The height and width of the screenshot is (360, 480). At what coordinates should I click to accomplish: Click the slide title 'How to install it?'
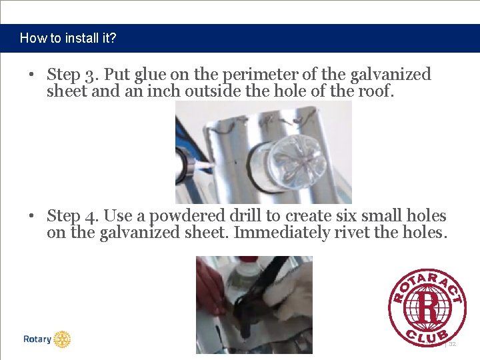68,38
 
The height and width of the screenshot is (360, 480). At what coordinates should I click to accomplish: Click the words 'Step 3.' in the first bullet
68,75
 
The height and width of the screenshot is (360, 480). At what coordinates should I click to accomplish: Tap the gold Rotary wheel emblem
62,339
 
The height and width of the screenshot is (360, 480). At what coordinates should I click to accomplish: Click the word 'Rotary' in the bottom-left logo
37,339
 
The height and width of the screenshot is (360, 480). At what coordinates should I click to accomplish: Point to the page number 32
452,344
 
